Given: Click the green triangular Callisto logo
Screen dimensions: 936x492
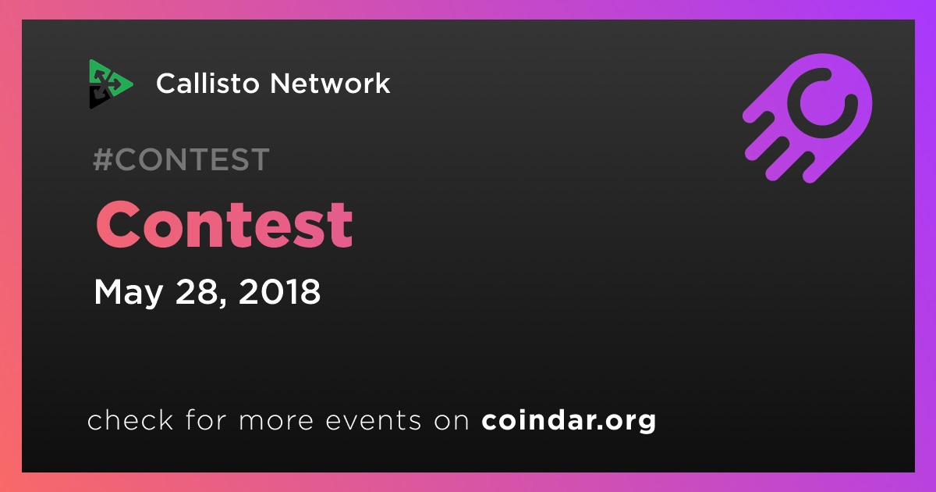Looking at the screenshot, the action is (x=110, y=84).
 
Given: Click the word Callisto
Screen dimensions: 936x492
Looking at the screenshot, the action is (x=208, y=83).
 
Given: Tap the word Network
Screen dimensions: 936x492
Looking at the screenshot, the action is (x=330, y=83).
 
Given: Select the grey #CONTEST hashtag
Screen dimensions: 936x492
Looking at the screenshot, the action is (x=181, y=159).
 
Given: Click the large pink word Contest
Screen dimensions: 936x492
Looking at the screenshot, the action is (x=225, y=225).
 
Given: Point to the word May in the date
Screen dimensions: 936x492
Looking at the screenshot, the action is (x=128, y=292).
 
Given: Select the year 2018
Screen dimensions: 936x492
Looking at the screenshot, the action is (x=279, y=291).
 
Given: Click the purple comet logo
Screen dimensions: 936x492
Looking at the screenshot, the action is (x=807, y=118).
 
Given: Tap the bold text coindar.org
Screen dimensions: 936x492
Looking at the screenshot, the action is (x=569, y=420).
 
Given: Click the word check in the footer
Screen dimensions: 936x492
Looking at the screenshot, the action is (x=130, y=419).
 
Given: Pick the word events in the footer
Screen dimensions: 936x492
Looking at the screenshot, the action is (x=374, y=421).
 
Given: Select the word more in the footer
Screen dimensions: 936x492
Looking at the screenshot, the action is (x=276, y=421).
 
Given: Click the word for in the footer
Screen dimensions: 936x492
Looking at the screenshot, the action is (x=207, y=419).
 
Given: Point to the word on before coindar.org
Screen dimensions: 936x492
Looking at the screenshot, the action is (x=452, y=421).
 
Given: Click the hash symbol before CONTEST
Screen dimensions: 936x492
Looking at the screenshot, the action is (x=103, y=159).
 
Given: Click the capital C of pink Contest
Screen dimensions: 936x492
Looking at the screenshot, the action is (x=119, y=225).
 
